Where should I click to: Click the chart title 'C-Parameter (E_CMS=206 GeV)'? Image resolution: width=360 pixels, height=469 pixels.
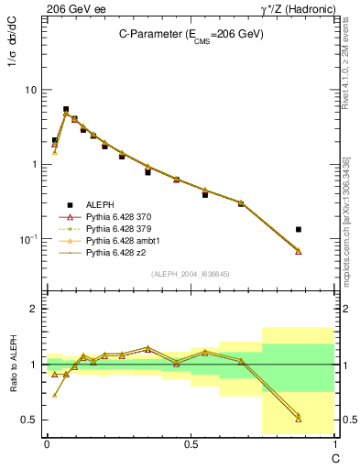191,34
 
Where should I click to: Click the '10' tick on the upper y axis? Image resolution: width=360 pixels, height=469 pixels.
30,90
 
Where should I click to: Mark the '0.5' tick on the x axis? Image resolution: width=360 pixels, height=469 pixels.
191,444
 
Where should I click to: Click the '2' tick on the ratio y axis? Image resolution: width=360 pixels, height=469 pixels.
34,309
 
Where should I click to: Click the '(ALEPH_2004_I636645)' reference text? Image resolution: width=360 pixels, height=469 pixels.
191,274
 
